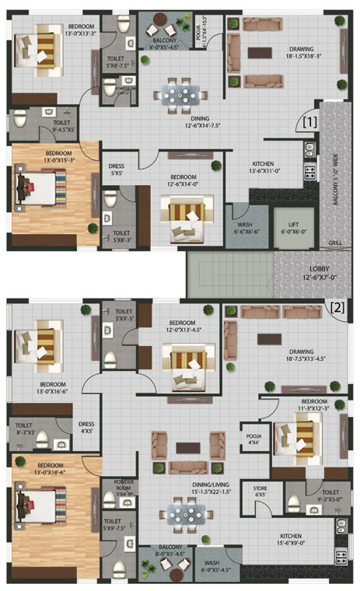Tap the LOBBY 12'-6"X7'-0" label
click(x=316, y=271)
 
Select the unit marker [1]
click(x=309, y=122)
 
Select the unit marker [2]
click(x=337, y=306)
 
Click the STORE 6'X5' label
click(x=260, y=491)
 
